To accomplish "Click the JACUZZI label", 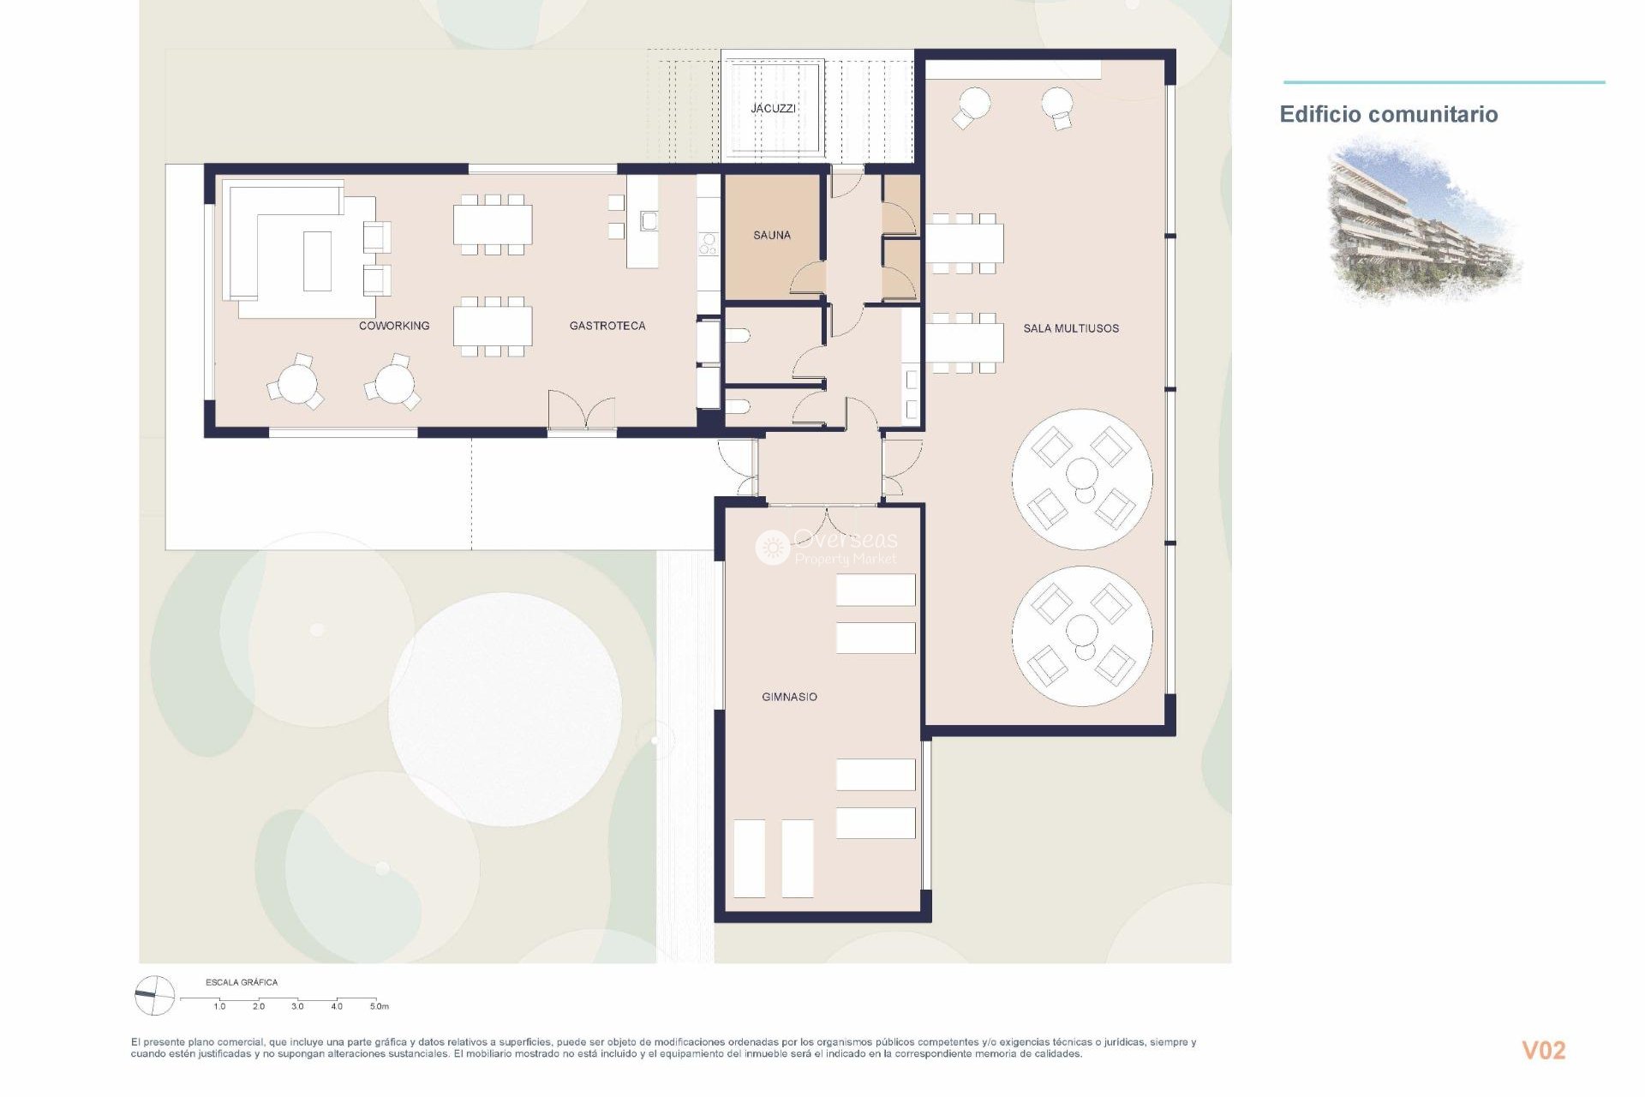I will [x=773, y=109].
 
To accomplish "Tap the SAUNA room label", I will [x=771, y=235].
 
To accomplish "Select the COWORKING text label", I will [x=394, y=326].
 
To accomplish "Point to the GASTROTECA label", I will [x=607, y=326].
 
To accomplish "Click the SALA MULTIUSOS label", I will [x=1071, y=328].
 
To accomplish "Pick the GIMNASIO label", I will [x=789, y=697].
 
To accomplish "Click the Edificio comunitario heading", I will [x=1388, y=115].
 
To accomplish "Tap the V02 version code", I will [x=1543, y=1050].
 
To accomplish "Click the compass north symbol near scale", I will [x=155, y=996].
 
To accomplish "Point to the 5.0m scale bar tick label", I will [x=379, y=1006].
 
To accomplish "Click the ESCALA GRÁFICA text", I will [x=242, y=982].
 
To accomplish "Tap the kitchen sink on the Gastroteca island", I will [x=649, y=221].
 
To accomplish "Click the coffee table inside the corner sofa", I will [x=317, y=261].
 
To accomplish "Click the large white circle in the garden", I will [x=505, y=710].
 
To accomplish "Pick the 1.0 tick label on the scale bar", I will [x=219, y=1006].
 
